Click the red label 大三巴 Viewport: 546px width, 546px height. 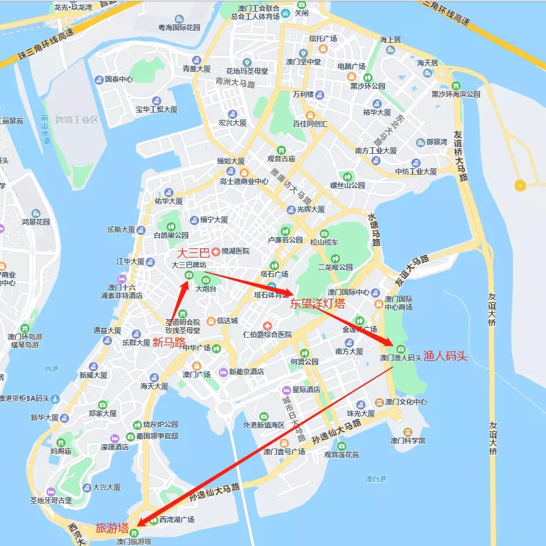[x=192, y=254]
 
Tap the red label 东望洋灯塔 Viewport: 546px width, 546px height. [x=317, y=303]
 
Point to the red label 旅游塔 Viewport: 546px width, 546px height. [x=112, y=528]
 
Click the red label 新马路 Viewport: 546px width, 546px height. [x=169, y=342]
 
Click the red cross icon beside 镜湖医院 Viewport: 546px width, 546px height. [x=216, y=251]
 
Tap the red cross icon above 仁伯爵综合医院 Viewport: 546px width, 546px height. [x=267, y=326]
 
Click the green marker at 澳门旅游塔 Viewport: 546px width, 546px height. [x=135, y=533]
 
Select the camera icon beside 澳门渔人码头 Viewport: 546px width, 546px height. [x=401, y=349]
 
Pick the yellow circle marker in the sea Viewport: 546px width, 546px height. [x=520, y=186]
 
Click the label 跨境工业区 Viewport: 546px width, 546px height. [x=77, y=120]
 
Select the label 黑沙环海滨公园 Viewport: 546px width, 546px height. [x=456, y=94]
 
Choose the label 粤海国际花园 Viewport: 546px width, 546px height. [x=179, y=27]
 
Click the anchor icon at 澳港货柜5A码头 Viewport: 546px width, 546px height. [x=55, y=399]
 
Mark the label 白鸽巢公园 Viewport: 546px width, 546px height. [x=171, y=236]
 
